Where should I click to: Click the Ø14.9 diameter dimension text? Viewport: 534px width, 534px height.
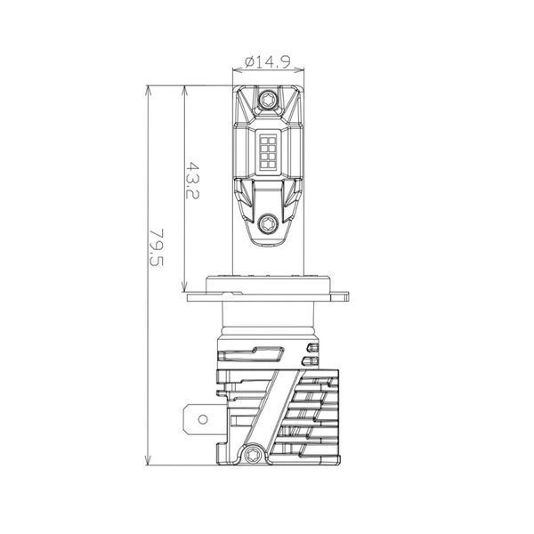[268, 62]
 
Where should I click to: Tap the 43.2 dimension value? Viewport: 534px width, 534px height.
[192, 180]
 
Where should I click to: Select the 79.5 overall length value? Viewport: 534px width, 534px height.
[157, 247]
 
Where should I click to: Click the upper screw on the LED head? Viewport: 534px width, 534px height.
[267, 101]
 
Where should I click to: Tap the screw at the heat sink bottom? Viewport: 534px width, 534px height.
[253, 454]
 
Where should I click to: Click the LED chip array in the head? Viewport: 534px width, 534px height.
[268, 152]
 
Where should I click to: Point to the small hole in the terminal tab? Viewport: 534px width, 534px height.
[203, 419]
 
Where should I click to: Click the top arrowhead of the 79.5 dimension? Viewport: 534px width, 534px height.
[148, 89]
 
